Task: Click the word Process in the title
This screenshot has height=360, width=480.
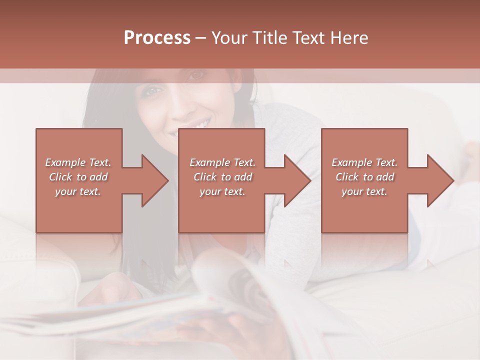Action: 157,38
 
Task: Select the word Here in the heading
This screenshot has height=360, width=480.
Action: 349,38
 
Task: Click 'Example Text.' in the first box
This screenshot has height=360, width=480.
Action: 78,162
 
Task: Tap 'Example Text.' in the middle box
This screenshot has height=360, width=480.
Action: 222,162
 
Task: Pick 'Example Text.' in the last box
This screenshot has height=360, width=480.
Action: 364,162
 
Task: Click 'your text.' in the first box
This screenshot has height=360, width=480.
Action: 78,191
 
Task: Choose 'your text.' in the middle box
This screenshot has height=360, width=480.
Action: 222,191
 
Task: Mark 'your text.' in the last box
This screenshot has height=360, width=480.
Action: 364,191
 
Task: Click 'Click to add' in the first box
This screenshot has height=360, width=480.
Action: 78,177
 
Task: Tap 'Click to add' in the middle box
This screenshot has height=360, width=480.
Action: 222,177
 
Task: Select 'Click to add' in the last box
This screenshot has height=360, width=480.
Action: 364,177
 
